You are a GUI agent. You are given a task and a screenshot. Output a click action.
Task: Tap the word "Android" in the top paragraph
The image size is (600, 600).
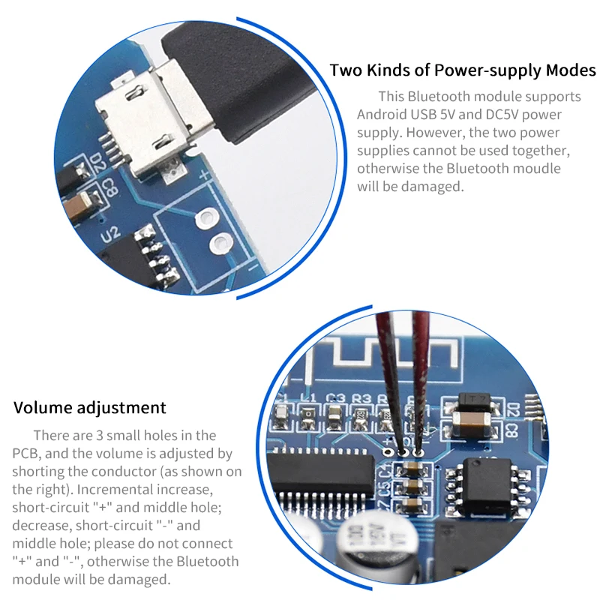pyautogui.click(x=382, y=115)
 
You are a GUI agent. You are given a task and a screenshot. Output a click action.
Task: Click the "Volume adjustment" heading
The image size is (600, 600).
pyautogui.click(x=90, y=408)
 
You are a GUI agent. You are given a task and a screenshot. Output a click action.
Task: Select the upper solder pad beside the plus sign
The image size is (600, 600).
pyautogui.click(x=203, y=219)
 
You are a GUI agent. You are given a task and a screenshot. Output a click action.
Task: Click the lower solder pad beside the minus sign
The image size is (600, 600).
pyautogui.click(x=220, y=242)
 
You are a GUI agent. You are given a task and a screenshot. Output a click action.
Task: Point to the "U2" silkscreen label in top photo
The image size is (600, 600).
pyautogui.click(x=110, y=234)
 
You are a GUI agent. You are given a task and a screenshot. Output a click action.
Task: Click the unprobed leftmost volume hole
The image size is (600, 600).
pyautogui.click(x=387, y=452)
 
